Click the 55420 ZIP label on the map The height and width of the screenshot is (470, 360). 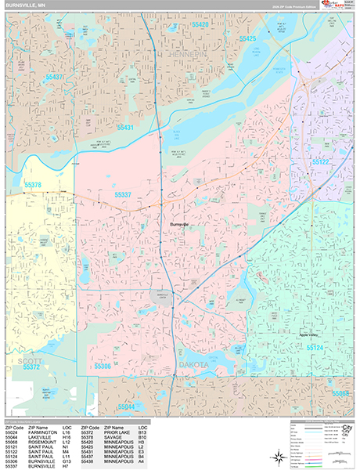[200, 25]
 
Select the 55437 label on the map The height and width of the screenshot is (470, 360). [56, 78]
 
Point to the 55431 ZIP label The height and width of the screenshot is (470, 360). [125, 127]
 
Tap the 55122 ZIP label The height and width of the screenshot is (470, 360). [321, 161]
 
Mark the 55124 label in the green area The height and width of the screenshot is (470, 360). [315, 347]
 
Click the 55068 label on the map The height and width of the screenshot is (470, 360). [341, 392]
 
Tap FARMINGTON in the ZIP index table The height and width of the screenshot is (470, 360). [42, 431]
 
